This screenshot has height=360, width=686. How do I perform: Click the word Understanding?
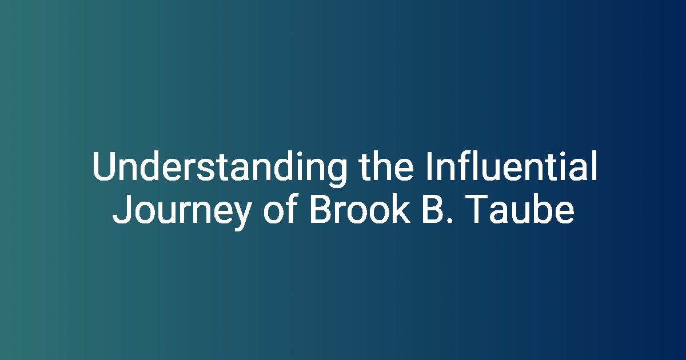click(x=220, y=168)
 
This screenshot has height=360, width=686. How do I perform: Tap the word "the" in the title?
click(x=386, y=166)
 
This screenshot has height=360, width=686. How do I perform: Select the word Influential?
click(x=512, y=165)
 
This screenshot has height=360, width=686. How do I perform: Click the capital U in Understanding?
click(x=104, y=166)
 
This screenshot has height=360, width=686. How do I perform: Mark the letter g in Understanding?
click(x=337, y=173)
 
